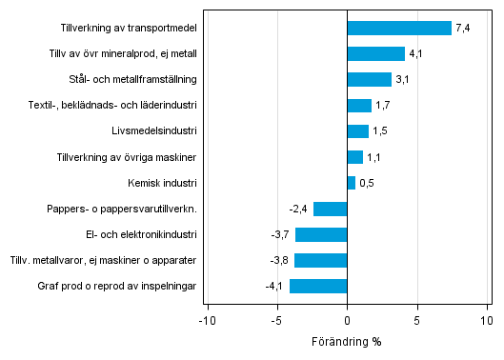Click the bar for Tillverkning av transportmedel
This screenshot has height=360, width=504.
click(x=399, y=28)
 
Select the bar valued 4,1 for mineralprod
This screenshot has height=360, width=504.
click(x=376, y=53)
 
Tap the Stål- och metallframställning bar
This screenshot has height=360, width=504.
click(x=370, y=79)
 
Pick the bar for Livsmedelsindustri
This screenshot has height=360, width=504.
click(x=358, y=130)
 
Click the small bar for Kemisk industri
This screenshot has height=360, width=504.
click(x=352, y=182)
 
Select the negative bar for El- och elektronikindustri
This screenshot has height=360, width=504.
click(x=321, y=234)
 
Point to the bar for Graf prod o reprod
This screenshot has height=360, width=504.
click(x=318, y=286)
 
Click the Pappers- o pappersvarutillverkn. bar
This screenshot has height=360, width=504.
click(x=331, y=209)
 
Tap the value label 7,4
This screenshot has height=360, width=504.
click(x=464, y=29)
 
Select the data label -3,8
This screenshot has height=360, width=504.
click(x=279, y=260)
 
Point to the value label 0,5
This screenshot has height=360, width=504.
click(x=367, y=183)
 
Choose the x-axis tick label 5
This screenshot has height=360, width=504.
click(x=417, y=321)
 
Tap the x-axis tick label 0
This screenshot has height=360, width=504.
click(x=348, y=321)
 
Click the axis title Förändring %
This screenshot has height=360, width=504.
click(x=348, y=342)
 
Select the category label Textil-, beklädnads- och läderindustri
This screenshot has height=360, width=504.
click(x=113, y=105)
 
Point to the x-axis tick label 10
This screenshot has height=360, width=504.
click(x=486, y=321)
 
